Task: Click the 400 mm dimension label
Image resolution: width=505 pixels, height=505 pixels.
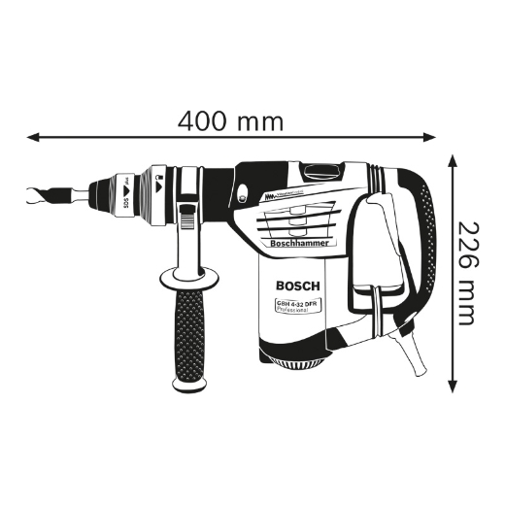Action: coord(231,121)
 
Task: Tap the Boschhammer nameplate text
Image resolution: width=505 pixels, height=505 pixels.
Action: coord(297,246)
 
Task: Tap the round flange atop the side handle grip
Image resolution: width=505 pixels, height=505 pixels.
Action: coord(185,273)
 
